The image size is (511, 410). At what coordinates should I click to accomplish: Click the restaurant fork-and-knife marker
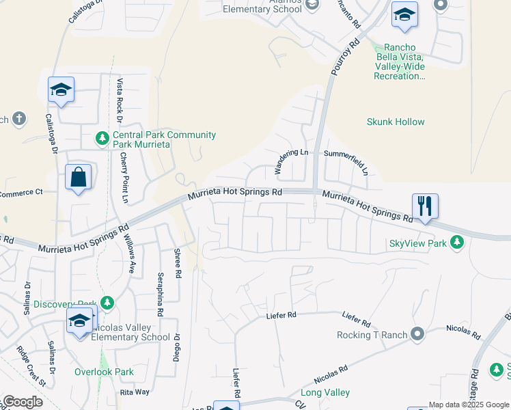pos(425,204)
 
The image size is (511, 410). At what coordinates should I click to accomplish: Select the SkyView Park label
pos(417,243)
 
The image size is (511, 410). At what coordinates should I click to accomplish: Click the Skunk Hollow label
pos(396,122)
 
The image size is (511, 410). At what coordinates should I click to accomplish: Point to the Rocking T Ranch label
pos(372,335)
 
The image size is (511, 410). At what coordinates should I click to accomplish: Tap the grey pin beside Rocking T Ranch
pos(417,334)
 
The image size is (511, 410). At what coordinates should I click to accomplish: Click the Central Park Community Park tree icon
pos(102,139)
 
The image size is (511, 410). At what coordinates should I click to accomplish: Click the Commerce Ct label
pos(20,193)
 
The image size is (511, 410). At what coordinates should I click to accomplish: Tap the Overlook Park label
pos(104,372)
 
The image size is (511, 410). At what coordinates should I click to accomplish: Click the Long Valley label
pos(325,393)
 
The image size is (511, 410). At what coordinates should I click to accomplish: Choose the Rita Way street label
pos(135,392)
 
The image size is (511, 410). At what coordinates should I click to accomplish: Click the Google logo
pos(22,402)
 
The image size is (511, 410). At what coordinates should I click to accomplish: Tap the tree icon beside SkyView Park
pos(458,243)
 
